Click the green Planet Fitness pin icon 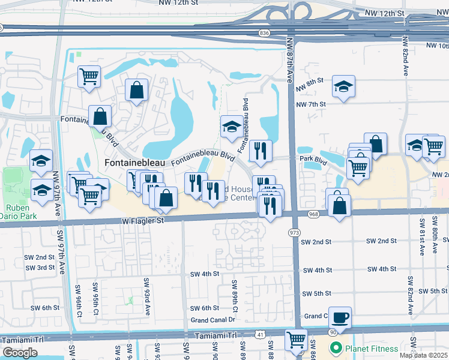(x=336, y=348)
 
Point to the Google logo (x=20, y=353)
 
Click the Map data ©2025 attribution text (x=423, y=355)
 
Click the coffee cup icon (x=340, y=317)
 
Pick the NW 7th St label (x=310, y=104)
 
